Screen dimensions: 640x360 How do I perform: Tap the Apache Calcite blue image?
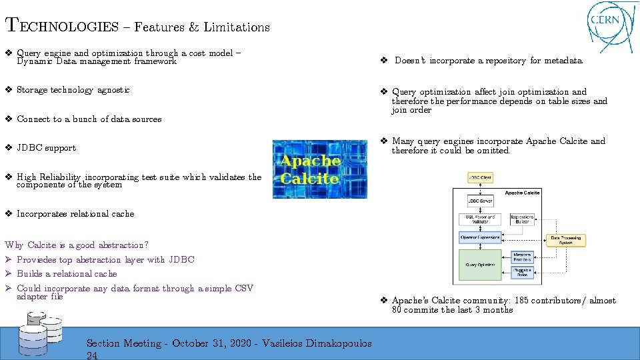pyautogui.click(x=311, y=169)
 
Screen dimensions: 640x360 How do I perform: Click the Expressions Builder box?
pyautogui.click(x=522, y=218)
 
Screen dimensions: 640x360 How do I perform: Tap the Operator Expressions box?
pyautogui.click(x=479, y=237)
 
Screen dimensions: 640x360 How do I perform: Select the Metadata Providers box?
pyautogui.click(x=523, y=257)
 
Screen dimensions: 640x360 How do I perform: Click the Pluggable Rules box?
pyautogui.click(x=523, y=272)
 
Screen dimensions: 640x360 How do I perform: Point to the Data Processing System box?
pyautogui.click(x=565, y=240)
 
